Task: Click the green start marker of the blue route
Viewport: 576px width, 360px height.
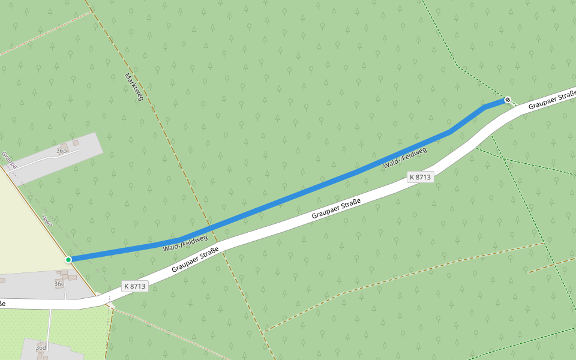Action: pyautogui.click(x=68, y=259)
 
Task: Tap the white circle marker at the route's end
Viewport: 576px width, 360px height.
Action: pyautogui.click(x=508, y=100)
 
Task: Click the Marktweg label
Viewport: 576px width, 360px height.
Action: pyautogui.click(x=134, y=86)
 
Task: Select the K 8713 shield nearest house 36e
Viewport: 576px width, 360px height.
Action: pyautogui.click(x=135, y=286)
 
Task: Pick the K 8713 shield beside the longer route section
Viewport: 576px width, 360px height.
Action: pyautogui.click(x=420, y=177)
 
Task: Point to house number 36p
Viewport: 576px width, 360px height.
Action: pyautogui.click(x=61, y=151)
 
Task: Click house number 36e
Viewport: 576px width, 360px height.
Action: pyautogui.click(x=59, y=283)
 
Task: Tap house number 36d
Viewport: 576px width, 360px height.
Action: pyautogui.click(x=41, y=347)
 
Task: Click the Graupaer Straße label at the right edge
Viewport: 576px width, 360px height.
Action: pyautogui.click(x=552, y=100)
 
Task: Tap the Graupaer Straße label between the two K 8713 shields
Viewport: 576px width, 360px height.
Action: pyautogui.click(x=336, y=210)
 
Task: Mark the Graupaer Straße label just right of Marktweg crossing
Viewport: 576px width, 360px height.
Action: pyautogui.click(x=194, y=260)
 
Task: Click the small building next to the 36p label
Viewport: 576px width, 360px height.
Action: pyautogui.click(x=76, y=142)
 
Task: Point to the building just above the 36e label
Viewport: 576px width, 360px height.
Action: pyautogui.click(x=64, y=274)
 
